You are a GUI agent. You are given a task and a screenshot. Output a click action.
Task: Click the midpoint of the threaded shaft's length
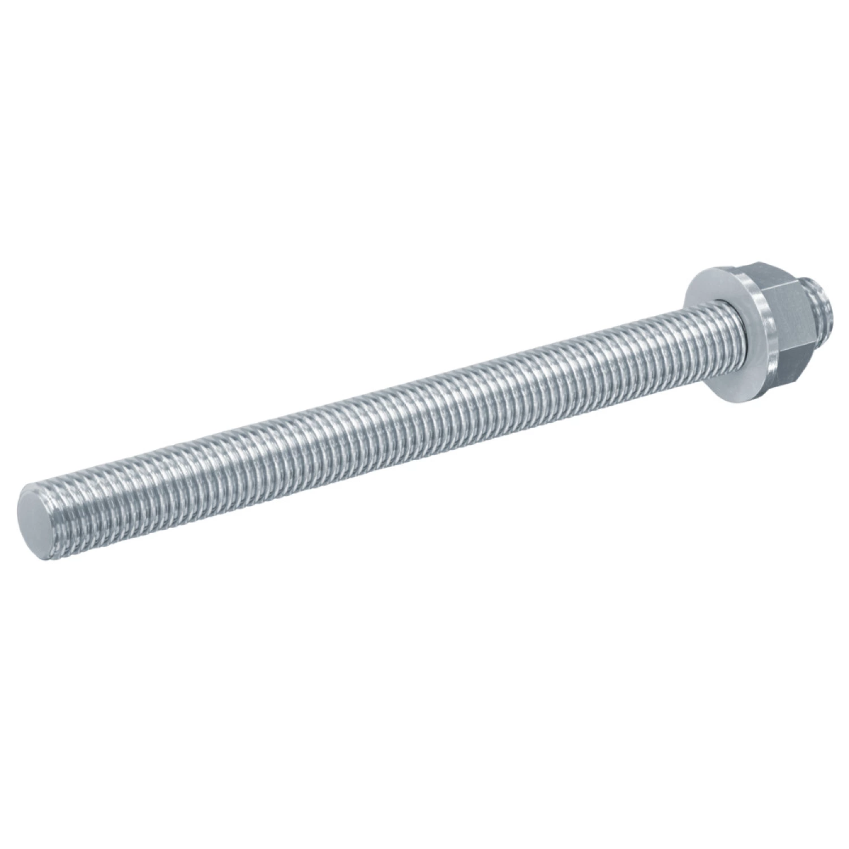click(385, 424)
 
